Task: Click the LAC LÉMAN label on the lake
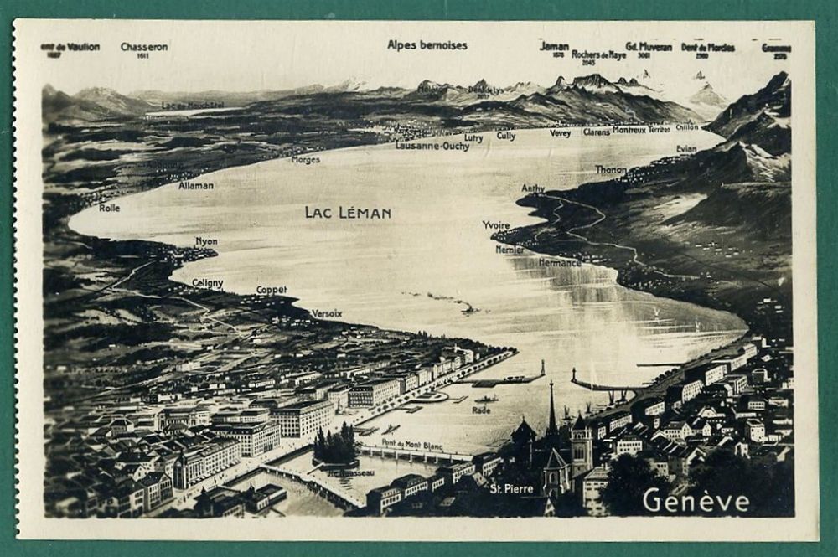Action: (x=348, y=213)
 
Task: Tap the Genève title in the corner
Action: (x=696, y=501)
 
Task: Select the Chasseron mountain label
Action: (x=143, y=47)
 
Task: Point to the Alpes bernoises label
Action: (x=427, y=45)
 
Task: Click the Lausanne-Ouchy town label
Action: (x=432, y=146)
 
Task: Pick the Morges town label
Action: (x=305, y=159)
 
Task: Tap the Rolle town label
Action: (x=109, y=208)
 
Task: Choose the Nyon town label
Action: (x=206, y=241)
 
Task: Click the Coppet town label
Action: (x=272, y=290)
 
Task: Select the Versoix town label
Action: (x=327, y=313)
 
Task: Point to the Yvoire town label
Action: (x=496, y=224)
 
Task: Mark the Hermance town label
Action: (x=559, y=262)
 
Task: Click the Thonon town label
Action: (x=611, y=169)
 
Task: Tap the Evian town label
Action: (x=686, y=149)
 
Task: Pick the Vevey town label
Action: (x=560, y=132)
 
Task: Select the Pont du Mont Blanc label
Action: (x=412, y=446)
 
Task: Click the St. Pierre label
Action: (x=511, y=488)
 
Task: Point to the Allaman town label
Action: (x=196, y=185)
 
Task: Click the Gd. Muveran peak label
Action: (x=649, y=47)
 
